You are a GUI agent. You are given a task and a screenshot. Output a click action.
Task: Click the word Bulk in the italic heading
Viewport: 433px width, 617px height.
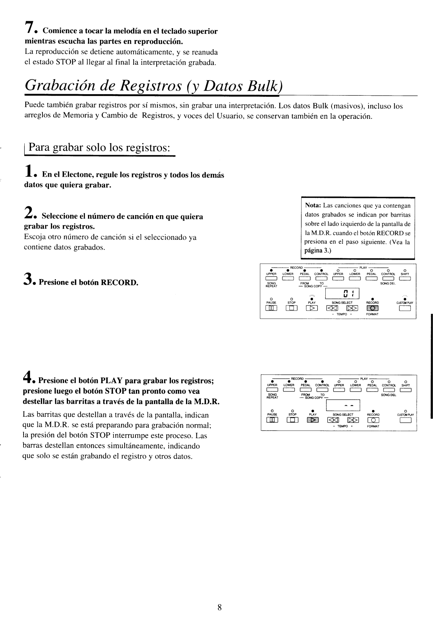click(x=259, y=85)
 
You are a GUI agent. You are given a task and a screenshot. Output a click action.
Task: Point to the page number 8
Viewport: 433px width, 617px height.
click(x=219, y=597)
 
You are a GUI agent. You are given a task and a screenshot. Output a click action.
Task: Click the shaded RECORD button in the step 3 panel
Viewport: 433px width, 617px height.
click(x=372, y=308)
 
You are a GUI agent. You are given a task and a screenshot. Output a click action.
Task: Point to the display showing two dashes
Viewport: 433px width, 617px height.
click(x=343, y=406)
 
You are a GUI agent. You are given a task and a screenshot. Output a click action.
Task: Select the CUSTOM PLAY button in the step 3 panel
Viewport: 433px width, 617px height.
click(x=404, y=308)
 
